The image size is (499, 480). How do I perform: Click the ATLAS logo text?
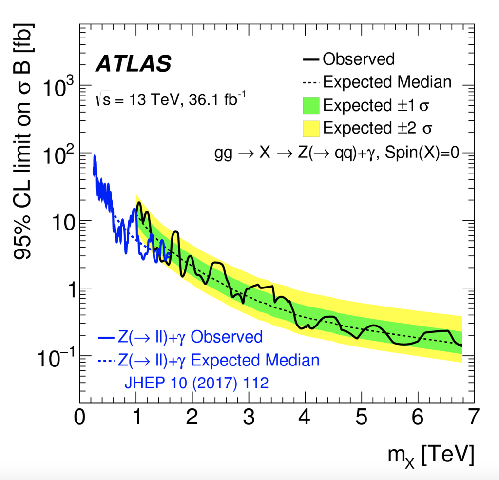click(x=134, y=64)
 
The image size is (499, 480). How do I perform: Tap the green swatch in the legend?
click(x=307, y=105)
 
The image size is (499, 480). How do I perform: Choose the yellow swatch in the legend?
click(x=307, y=128)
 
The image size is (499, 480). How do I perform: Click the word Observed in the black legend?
click(x=359, y=59)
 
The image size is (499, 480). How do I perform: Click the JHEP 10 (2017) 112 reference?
click(x=196, y=383)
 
